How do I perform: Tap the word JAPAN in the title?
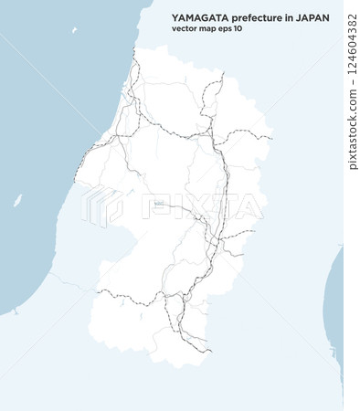coord(313,16)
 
